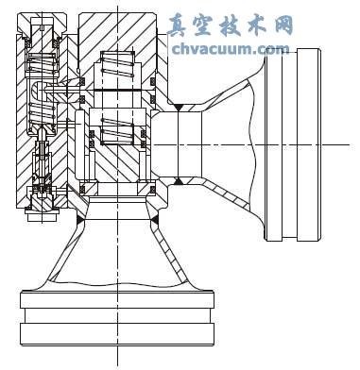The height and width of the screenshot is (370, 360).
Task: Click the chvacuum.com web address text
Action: point(231,48)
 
